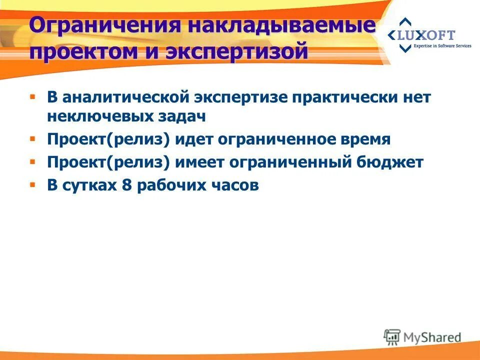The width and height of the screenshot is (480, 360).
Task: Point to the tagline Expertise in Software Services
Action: pos(442,46)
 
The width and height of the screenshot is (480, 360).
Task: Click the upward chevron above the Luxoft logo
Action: pos(406,22)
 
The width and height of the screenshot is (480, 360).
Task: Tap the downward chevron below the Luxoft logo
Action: pos(406,48)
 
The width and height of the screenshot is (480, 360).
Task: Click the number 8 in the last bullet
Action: pos(126,185)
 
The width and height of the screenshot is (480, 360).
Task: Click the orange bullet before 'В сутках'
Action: pos(32,185)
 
